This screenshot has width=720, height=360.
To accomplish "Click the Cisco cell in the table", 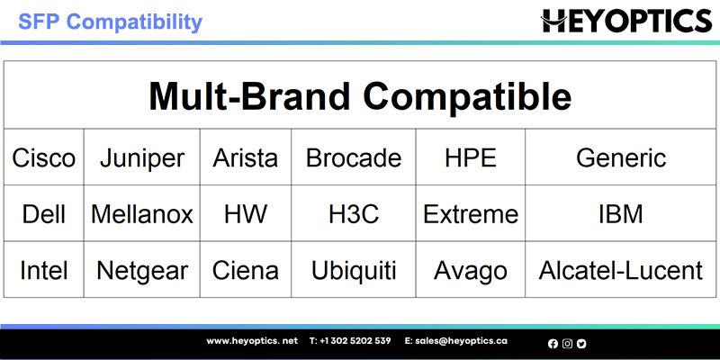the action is [x=43, y=157].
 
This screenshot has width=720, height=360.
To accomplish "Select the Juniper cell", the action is [x=142, y=157].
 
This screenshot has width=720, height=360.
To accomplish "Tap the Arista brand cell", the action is [x=245, y=157].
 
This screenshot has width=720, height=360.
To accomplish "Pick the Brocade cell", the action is [x=354, y=157].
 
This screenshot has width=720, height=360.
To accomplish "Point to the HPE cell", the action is [x=471, y=157].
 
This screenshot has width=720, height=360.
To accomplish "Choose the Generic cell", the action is [x=621, y=157].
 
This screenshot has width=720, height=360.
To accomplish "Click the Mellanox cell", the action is [x=142, y=213].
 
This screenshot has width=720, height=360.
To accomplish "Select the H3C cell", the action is [x=354, y=213].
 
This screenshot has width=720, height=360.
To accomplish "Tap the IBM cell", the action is [x=621, y=213].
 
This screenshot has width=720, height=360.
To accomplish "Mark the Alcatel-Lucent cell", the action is [x=621, y=269].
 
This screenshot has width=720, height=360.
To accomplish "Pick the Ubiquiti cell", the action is [x=354, y=269].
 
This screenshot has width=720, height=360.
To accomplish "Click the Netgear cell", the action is [x=142, y=269].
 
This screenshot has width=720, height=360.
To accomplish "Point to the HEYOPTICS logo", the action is [x=626, y=21].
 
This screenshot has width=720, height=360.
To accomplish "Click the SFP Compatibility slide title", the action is [x=110, y=21].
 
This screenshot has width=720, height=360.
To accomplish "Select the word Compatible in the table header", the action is [x=467, y=96].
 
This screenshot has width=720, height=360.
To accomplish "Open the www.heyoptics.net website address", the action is [x=252, y=341].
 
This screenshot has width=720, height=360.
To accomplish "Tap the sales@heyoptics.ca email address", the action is [x=461, y=341].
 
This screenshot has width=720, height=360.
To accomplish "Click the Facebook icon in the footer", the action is [x=553, y=344].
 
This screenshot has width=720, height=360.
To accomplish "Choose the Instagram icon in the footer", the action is [x=567, y=344].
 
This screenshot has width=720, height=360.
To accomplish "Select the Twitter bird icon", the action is [x=581, y=344].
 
